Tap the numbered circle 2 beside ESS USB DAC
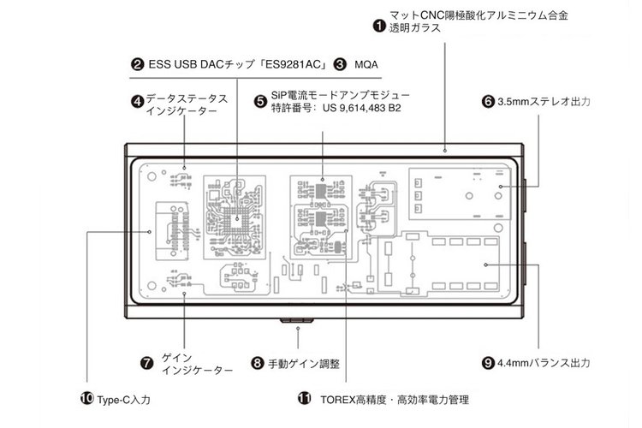tap(137, 64)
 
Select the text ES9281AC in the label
tap(288, 64)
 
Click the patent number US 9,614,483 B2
tap(360, 110)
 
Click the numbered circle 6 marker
tap(489, 101)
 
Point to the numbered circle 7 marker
tap(147, 362)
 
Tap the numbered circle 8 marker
tap(257, 362)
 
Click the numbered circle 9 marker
tap(489, 362)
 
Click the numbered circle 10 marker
tap(86, 399)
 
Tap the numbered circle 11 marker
tap(305, 399)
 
